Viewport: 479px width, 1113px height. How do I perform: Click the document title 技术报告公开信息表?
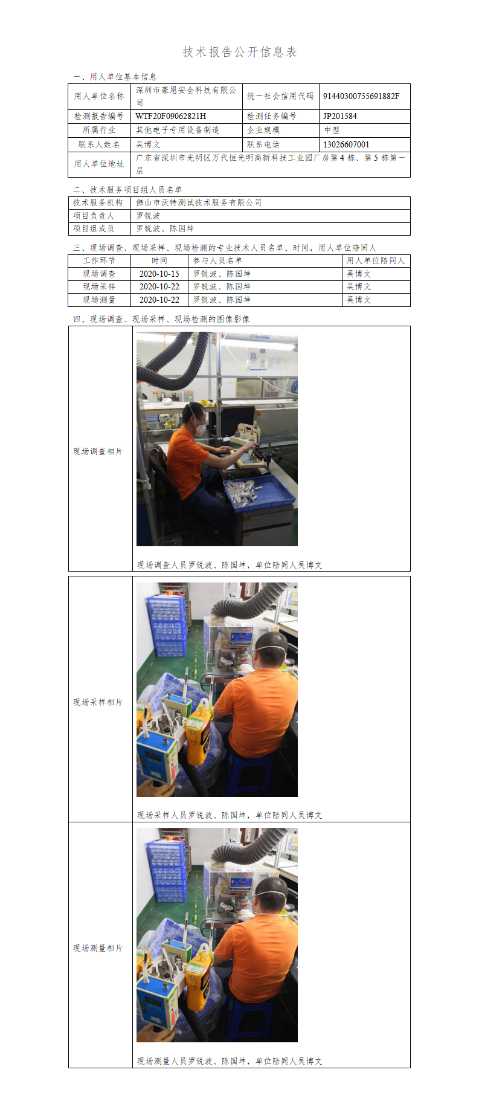240,52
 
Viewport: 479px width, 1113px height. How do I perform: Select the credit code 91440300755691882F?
361,96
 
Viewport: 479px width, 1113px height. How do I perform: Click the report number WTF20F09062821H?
171,116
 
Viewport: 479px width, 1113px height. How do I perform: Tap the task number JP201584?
340,116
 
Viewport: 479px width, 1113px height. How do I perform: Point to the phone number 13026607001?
346,144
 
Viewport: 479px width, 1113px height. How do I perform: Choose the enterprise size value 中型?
332,130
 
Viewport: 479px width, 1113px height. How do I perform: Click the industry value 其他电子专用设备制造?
178,130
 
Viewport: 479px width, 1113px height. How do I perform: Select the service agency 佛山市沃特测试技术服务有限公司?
199,202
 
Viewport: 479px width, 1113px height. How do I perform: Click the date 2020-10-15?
159,274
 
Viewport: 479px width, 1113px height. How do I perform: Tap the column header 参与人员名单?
217,260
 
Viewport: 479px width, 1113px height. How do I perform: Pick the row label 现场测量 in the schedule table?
99,300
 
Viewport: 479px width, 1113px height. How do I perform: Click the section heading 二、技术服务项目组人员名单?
127,190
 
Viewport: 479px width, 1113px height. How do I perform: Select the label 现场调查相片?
98,451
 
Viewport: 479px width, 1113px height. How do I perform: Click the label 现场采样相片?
98,702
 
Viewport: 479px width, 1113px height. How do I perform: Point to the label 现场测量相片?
98,948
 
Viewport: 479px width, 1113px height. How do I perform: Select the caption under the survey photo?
230,565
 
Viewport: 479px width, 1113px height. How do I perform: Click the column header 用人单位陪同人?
376,260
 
